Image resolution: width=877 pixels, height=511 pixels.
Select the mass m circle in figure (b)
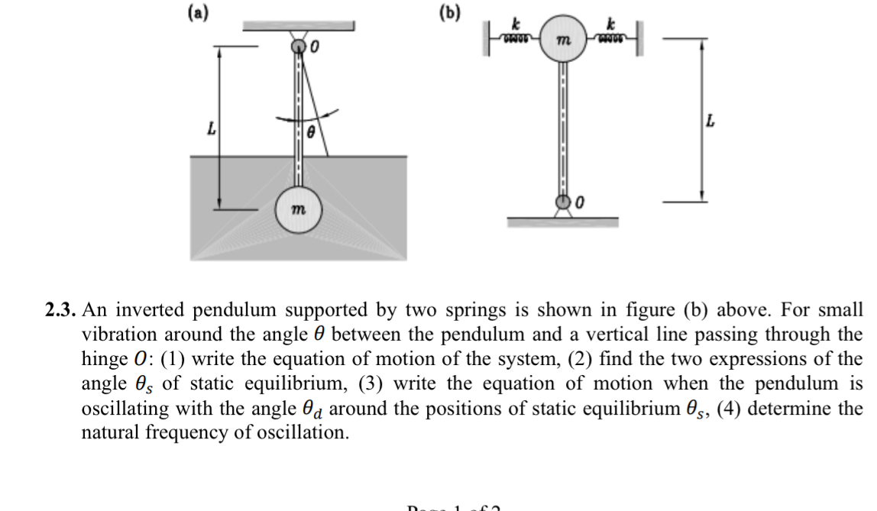[564, 37]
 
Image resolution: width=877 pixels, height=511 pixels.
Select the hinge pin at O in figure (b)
[564, 202]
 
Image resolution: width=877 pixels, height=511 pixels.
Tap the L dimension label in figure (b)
[712, 121]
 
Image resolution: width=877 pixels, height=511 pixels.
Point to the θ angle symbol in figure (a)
[311, 133]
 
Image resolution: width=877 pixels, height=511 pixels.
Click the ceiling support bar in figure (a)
[299, 26]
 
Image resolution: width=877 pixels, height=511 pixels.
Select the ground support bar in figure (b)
[564, 222]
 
